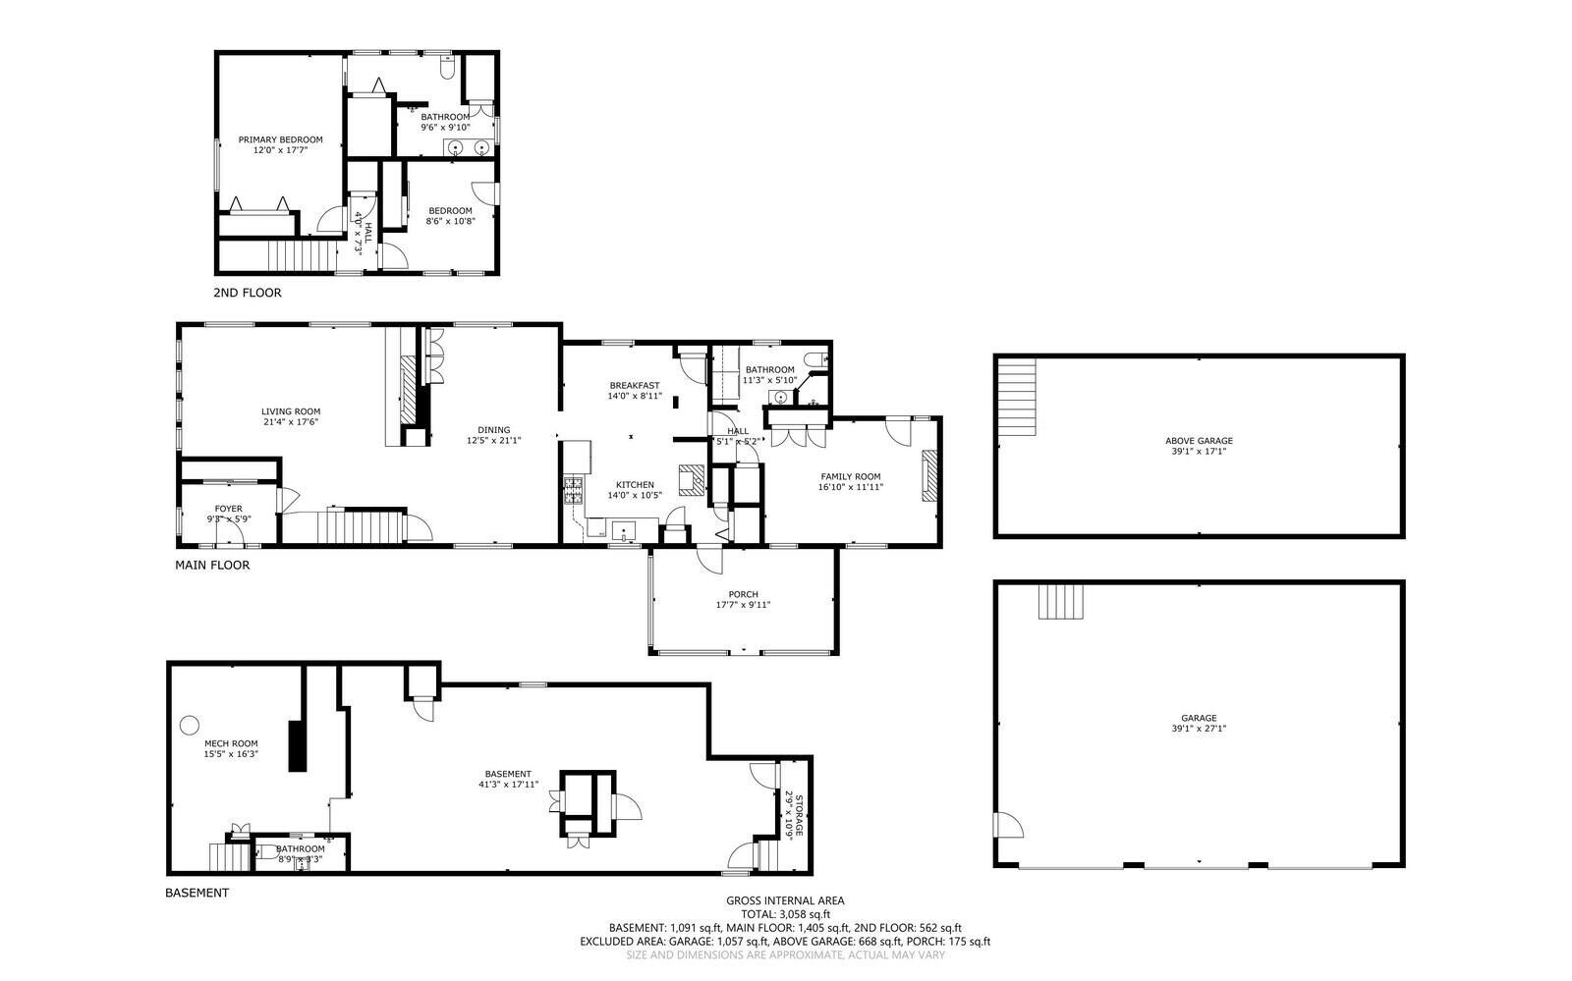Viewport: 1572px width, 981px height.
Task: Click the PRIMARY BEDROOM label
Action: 280,139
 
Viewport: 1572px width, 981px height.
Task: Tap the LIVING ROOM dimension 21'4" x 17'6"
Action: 290,422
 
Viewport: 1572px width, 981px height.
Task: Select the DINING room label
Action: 493,429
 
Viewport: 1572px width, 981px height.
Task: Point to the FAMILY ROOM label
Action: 850,476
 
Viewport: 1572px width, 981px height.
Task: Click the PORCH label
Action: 743,594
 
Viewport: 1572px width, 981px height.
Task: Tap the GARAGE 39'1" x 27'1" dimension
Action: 1199,729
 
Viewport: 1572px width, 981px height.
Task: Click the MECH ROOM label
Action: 231,743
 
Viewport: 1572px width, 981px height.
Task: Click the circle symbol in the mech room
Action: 189,725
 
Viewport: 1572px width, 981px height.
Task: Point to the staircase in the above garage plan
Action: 1016,398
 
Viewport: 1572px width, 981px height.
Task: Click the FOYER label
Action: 228,509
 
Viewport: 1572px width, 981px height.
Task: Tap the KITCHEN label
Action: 635,485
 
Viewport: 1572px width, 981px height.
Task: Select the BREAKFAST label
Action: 634,385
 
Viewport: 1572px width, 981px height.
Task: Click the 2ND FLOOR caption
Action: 247,293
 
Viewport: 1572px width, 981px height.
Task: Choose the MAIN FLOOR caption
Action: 212,566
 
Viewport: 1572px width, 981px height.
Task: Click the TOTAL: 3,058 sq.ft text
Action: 785,913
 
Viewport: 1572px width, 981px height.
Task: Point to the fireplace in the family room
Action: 928,476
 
